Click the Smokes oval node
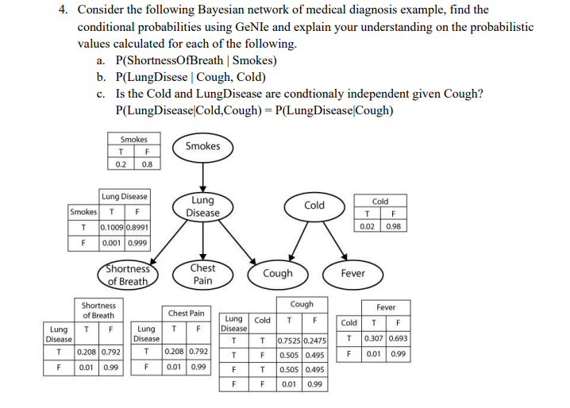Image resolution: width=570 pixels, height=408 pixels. pyautogui.click(x=202, y=146)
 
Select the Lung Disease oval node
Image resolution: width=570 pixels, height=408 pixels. pyautogui.click(x=202, y=206)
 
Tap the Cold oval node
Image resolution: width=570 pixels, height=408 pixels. pyautogui.click(x=314, y=206)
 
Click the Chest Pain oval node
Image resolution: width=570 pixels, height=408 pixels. pyautogui.click(x=202, y=274)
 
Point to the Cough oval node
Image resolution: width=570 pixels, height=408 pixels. pyautogui.click(x=278, y=273)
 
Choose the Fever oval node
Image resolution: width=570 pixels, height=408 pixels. pyautogui.click(x=352, y=273)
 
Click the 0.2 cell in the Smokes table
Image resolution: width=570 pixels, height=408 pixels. pyautogui.click(x=121, y=165)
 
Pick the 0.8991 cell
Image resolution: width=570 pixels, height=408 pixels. pyautogui.click(x=137, y=227)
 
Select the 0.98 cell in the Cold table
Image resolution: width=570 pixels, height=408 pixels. pyautogui.click(x=393, y=227)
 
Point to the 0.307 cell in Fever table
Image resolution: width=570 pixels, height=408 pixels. pyautogui.click(x=377, y=339)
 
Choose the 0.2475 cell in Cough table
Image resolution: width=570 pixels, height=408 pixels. pyautogui.click(x=315, y=341)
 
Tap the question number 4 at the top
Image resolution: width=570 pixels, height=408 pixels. pyautogui.click(x=63, y=10)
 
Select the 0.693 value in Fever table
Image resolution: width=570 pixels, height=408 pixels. pyautogui.click(x=399, y=339)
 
